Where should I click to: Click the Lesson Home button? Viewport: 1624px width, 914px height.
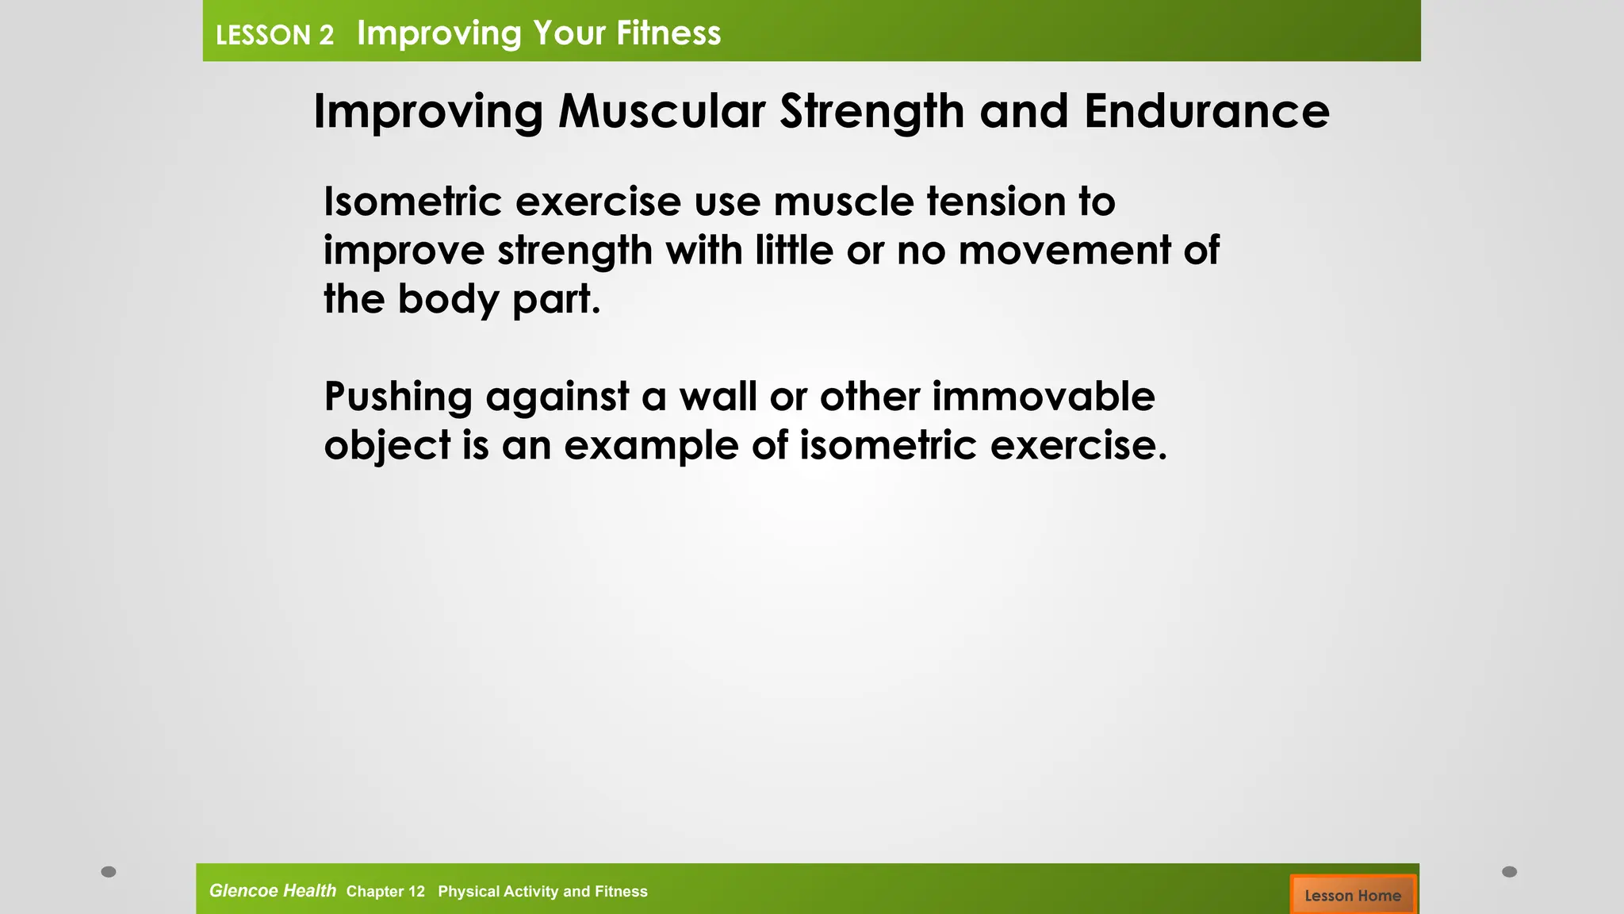tap(1353, 895)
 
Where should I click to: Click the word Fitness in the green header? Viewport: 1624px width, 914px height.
tap(668, 33)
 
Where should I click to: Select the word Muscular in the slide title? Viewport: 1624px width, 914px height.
tap(661, 111)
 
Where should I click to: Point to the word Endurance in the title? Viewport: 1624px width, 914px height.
tap(1206, 111)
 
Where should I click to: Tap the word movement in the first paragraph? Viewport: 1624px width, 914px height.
tap(1064, 250)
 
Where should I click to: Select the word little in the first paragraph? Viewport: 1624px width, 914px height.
tap(794, 250)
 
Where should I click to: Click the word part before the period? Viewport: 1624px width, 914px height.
tap(551, 300)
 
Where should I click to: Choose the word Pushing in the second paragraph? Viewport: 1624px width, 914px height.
tap(398, 397)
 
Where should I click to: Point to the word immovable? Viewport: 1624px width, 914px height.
tap(1043, 396)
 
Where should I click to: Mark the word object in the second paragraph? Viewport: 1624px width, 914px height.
tap(387, 446)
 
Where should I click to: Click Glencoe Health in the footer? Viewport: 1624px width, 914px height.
tap(272, 891)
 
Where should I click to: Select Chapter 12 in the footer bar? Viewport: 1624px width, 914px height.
tap(385, 892)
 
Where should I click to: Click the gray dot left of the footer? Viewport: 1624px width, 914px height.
tap(109, 872)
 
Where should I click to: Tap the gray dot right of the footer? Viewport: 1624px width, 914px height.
tap(1509, 872)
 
